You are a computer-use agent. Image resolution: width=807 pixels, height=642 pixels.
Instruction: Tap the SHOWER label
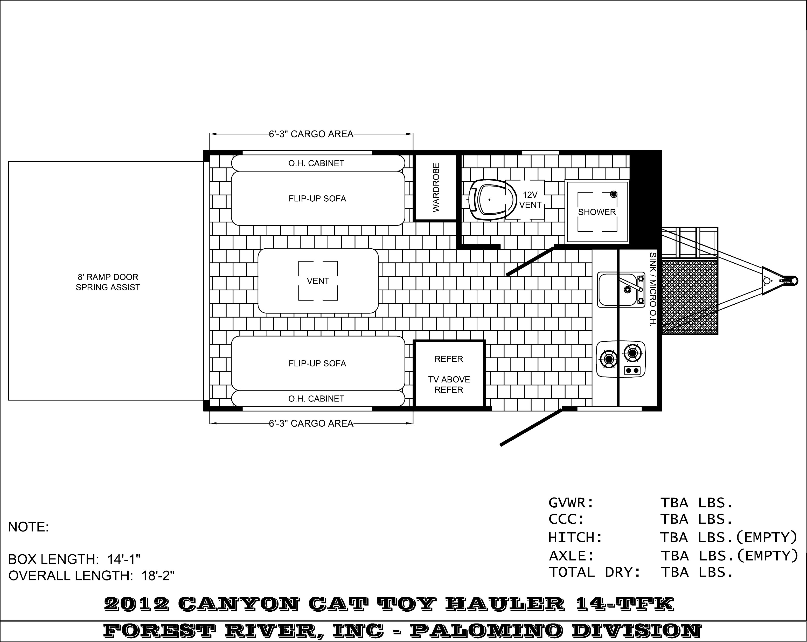597,212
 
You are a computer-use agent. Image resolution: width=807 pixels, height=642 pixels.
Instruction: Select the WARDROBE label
436,188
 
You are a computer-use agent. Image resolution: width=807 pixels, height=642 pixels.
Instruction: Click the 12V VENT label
530,200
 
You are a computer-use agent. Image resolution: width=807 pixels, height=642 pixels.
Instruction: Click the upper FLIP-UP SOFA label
317,199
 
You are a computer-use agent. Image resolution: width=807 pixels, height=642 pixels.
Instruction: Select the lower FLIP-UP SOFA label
317,363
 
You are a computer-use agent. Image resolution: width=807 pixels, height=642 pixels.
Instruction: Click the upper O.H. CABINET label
316,163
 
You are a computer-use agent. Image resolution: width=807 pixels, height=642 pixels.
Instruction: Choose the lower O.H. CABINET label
316,399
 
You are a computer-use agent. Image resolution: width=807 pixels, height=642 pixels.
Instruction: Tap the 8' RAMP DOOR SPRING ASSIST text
108,282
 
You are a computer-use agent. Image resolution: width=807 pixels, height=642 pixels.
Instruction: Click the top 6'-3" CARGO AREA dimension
311,134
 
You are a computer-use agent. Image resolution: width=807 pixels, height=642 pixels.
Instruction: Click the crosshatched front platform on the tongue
690,297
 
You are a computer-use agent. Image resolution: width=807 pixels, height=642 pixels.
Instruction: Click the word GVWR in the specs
571,503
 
